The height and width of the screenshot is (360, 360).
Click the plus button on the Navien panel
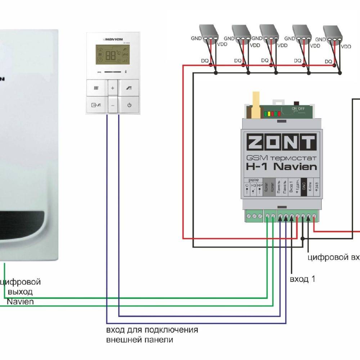113,88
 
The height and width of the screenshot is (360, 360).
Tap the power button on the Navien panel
129,105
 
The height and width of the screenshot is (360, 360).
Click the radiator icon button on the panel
96,88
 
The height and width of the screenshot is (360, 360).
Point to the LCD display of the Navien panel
112,54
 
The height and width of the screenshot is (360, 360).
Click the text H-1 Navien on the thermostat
281,167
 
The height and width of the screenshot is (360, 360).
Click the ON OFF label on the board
298,108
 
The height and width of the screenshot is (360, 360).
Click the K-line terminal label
310,187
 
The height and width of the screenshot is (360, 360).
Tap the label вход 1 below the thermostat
302,279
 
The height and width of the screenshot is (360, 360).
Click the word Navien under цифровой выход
20,302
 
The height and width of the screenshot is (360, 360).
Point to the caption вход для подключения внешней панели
152,334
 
